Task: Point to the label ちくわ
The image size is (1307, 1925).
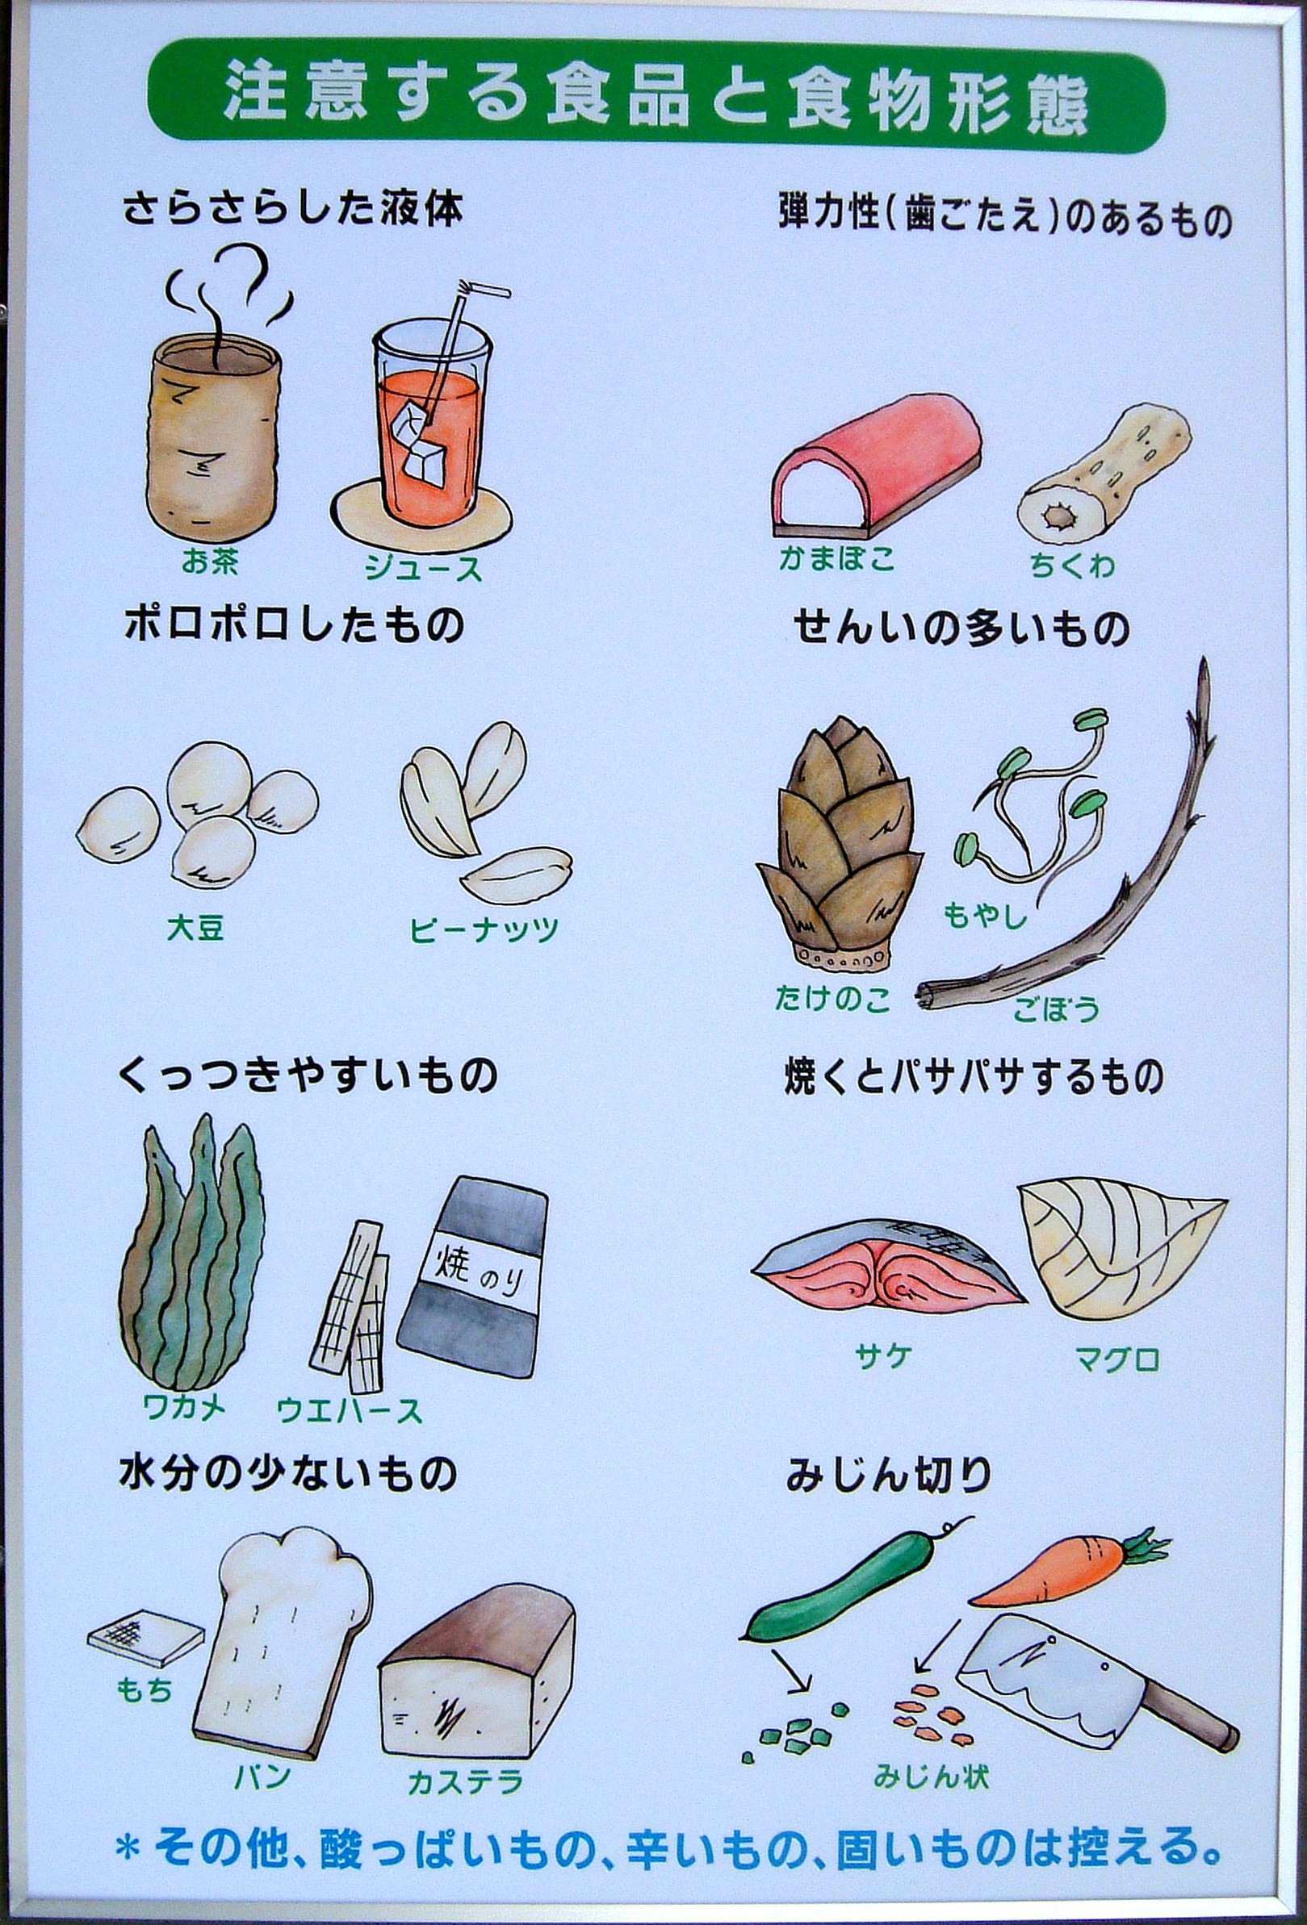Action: [1071, 566]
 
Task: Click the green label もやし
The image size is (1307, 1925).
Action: [986, 917]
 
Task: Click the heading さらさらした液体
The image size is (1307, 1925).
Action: [291, 211]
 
